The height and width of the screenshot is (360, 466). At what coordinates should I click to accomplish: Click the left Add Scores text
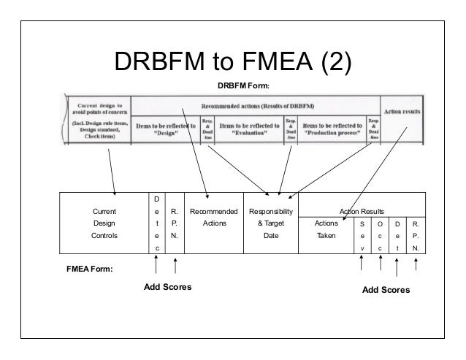(x=167, y=287)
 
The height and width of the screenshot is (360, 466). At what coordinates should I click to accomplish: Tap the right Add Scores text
(x=386, y=290)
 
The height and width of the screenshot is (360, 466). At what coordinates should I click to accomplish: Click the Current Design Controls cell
(x=104, y=224)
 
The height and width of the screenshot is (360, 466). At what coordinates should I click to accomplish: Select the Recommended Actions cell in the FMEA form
(x=213, y=218)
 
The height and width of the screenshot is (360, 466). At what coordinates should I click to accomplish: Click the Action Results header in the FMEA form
(x=364, y=211)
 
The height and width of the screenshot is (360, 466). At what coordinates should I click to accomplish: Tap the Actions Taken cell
(x=325, y=231)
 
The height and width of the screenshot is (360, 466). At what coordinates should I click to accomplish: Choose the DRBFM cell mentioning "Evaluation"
(x=251, y=130)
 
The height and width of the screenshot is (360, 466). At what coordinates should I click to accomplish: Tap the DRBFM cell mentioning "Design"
(x=166, y=130)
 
